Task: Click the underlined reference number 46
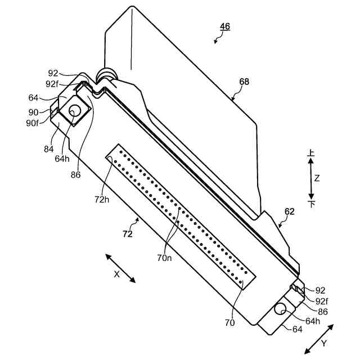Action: tap(224, 26)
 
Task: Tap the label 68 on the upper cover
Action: tap(244, 82)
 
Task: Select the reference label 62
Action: tap(289, 211)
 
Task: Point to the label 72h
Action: tap(102, 200)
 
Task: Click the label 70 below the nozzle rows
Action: tap(229, 323)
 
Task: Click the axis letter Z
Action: tap(317, 178)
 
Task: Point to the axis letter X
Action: tap(117, 274)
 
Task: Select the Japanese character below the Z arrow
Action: tap(312, 203)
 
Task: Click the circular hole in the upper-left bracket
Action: tap(74, 112)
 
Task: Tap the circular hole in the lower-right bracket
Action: tap(280, 309)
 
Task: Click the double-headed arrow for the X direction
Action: tap(120, 268)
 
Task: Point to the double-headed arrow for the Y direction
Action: tap(319, 337)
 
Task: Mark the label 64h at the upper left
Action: tap(62, 159)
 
